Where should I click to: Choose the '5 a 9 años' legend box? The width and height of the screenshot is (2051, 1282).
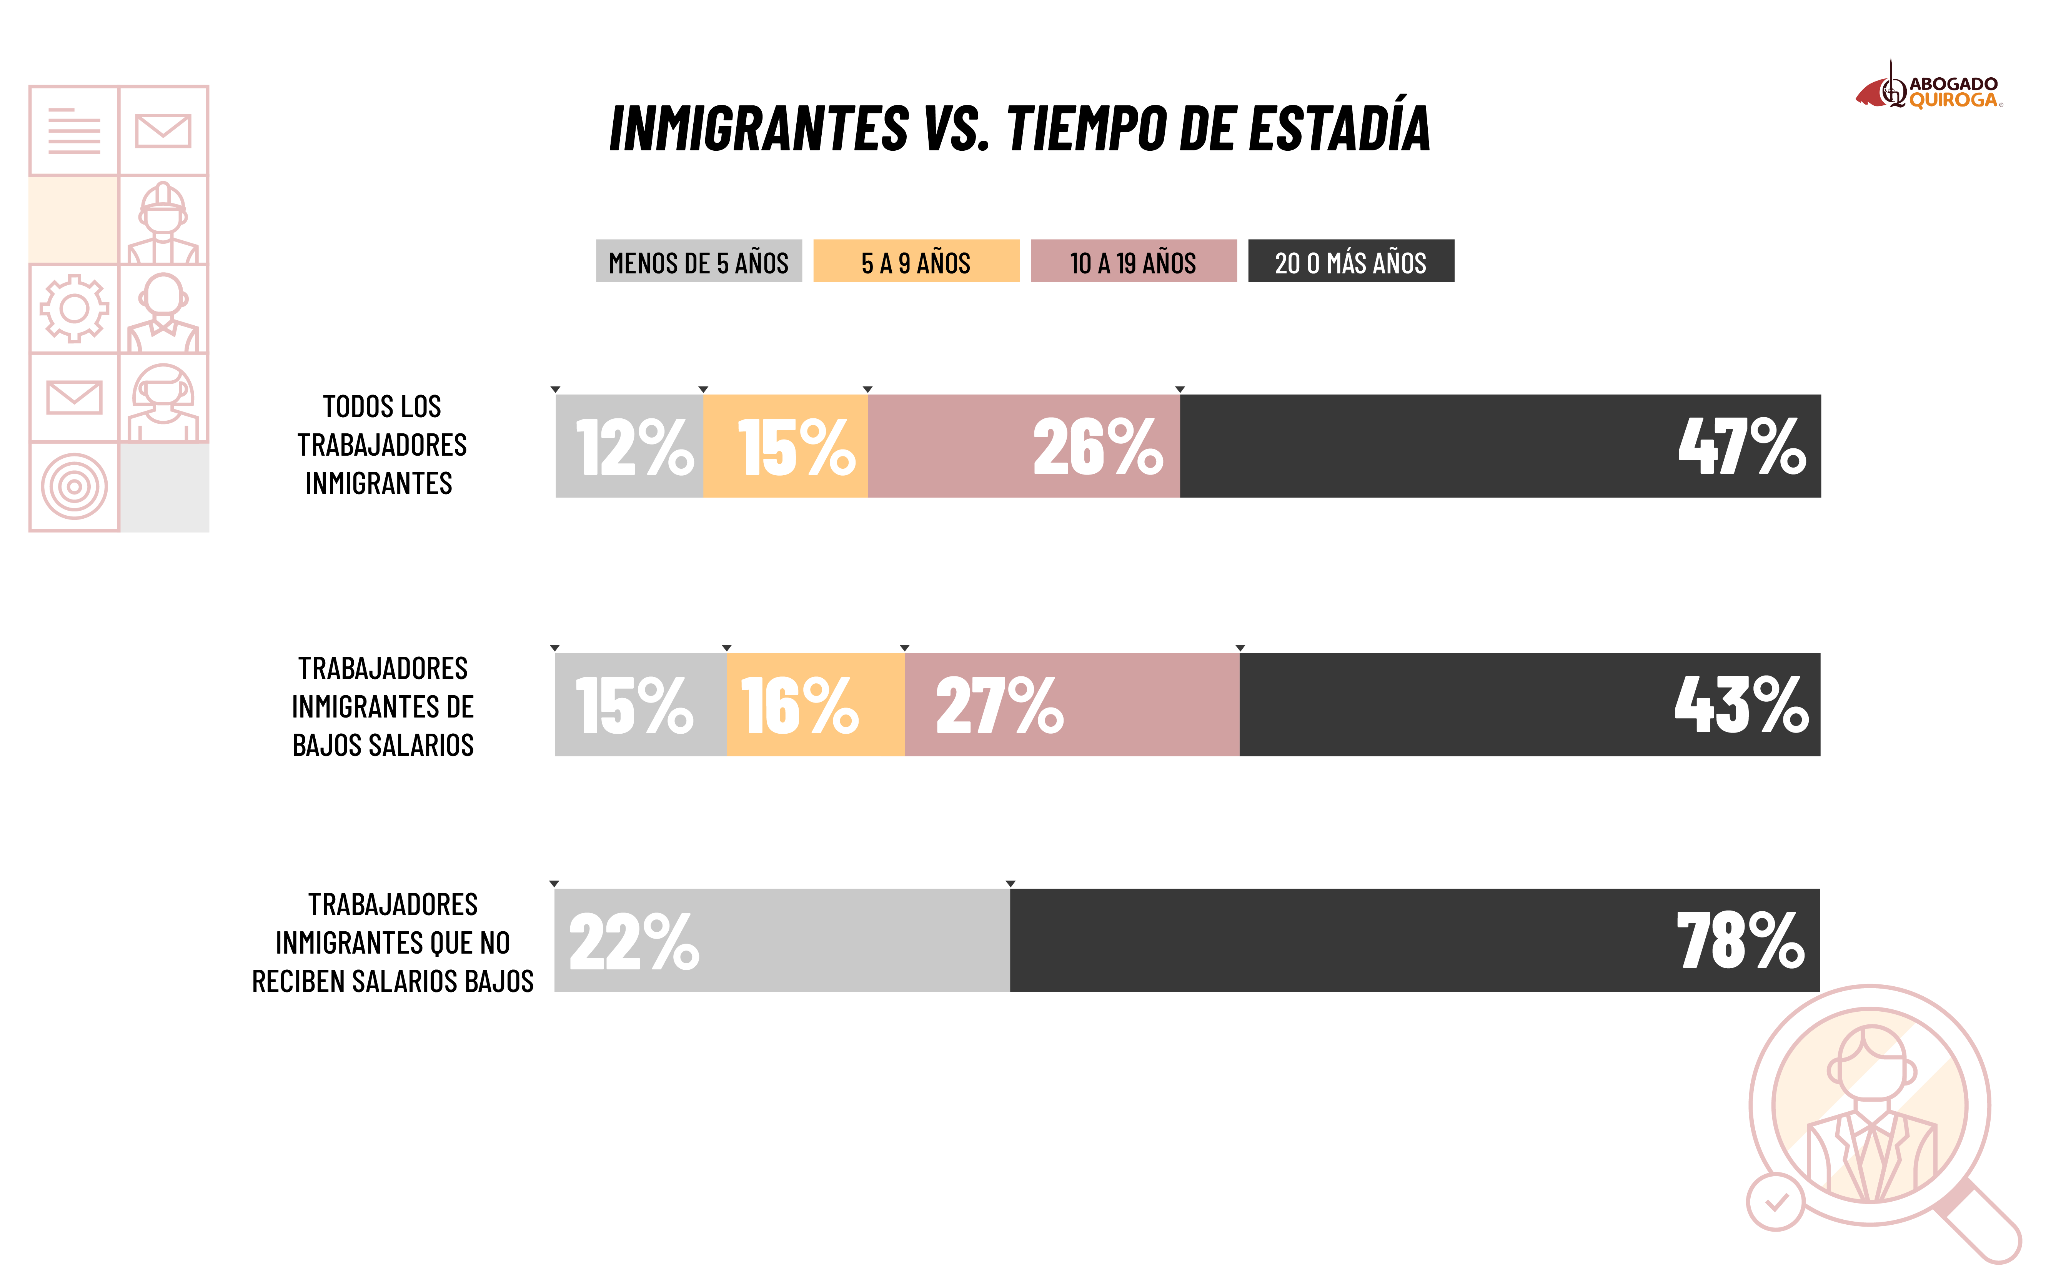click(916, 261)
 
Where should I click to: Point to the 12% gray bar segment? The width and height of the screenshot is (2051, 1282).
click(629, 446)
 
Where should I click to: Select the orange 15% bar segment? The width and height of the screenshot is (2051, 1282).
click(785, 446)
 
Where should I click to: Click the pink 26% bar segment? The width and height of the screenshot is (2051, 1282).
click(1023, 446)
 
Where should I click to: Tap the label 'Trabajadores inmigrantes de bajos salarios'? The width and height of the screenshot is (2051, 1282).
click(382, 706)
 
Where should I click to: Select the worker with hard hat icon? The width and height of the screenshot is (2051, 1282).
click(163, 222)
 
